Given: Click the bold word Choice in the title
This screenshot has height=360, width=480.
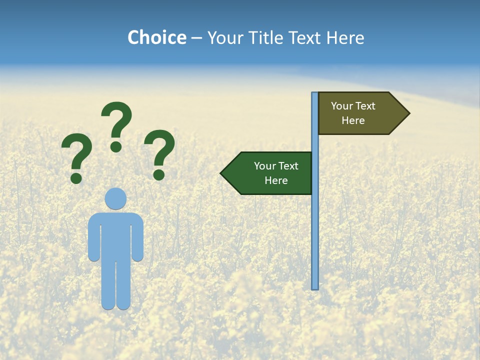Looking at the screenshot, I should [x=156, y=37].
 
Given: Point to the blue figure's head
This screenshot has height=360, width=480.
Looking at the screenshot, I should [x=115, y=198].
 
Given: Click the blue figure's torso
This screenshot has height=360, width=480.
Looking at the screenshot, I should [x=115, y=235].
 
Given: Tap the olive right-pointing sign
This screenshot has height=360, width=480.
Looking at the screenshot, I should [x=360, y=113].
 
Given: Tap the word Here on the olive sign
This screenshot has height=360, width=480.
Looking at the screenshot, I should [x=353, y=120].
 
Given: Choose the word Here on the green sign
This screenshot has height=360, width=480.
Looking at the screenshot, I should [x=276, y=180].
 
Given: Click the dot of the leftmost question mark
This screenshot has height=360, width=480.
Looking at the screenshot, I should [x=76, y=177].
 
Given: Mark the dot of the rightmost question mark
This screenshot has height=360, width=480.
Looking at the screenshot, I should [x=159, y=174].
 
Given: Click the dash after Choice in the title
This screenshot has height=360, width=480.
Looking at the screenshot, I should [x=196, y=38].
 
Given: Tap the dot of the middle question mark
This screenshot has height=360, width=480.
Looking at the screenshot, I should [x=116, y=146].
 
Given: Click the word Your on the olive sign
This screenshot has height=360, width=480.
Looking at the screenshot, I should [x=341, y=106].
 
